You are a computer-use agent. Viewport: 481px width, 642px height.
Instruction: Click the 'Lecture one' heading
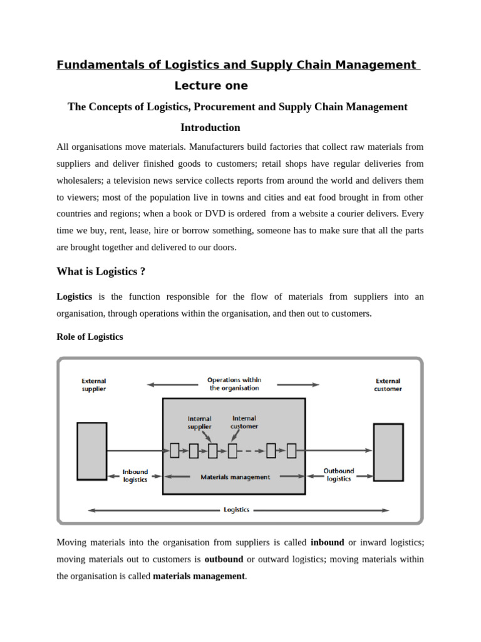(211, 86)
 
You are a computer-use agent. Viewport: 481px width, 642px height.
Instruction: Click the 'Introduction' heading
(210, 128)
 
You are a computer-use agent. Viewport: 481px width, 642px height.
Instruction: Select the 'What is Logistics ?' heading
(101, 271)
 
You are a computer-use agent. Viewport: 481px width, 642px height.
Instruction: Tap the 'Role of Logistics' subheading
(90, 337)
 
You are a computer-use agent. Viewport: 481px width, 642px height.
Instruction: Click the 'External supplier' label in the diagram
(94, 384)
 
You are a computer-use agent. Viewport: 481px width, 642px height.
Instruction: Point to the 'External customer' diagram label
(388, 384)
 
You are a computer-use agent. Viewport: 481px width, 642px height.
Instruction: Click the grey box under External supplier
(92, 451)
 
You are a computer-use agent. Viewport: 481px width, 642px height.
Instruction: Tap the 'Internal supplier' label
(200, 423)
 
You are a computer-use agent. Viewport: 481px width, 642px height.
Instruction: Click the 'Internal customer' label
(244, 422)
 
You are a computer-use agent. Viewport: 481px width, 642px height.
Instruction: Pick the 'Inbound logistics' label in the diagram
(135, 476)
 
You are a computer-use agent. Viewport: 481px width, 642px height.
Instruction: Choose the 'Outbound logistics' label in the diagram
(339, 475)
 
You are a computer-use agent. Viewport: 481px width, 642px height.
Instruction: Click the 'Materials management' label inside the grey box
(235, 477)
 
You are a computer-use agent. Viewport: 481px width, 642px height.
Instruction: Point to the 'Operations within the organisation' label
(234, 384)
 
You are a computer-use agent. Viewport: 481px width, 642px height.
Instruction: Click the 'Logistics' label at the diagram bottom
(236, 510)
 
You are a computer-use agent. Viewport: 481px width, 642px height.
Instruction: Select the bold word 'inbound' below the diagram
(327, 542)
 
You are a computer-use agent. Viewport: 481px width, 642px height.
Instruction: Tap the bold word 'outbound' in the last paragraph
(223, 559)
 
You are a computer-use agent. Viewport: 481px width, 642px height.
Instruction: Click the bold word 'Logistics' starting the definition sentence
(75, 297)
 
